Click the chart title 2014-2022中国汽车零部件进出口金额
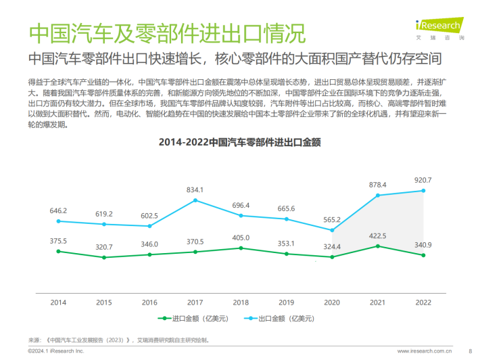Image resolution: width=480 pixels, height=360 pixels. [239, 143]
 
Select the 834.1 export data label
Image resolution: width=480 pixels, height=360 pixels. [195, 190]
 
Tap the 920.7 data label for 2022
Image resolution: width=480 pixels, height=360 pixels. [423, 180]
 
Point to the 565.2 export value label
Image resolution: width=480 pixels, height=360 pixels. [332, 219]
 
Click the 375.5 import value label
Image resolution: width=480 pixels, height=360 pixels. [58, 240]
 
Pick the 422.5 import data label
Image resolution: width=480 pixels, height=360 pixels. [377, 235]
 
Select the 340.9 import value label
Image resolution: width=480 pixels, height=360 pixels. [423, 244]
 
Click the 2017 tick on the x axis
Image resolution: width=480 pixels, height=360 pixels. [195, 302]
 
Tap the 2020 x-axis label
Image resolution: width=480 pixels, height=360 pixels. [332, 302]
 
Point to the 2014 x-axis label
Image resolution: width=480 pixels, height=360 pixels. [58, 302]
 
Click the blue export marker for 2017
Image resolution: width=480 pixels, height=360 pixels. [195, 200]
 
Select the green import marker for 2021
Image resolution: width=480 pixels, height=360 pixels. [377, 246]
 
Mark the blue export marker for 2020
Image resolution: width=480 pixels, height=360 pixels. [332, 229]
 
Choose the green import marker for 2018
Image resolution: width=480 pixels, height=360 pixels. [241, 248]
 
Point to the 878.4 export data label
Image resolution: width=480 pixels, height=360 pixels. [377, 185]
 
